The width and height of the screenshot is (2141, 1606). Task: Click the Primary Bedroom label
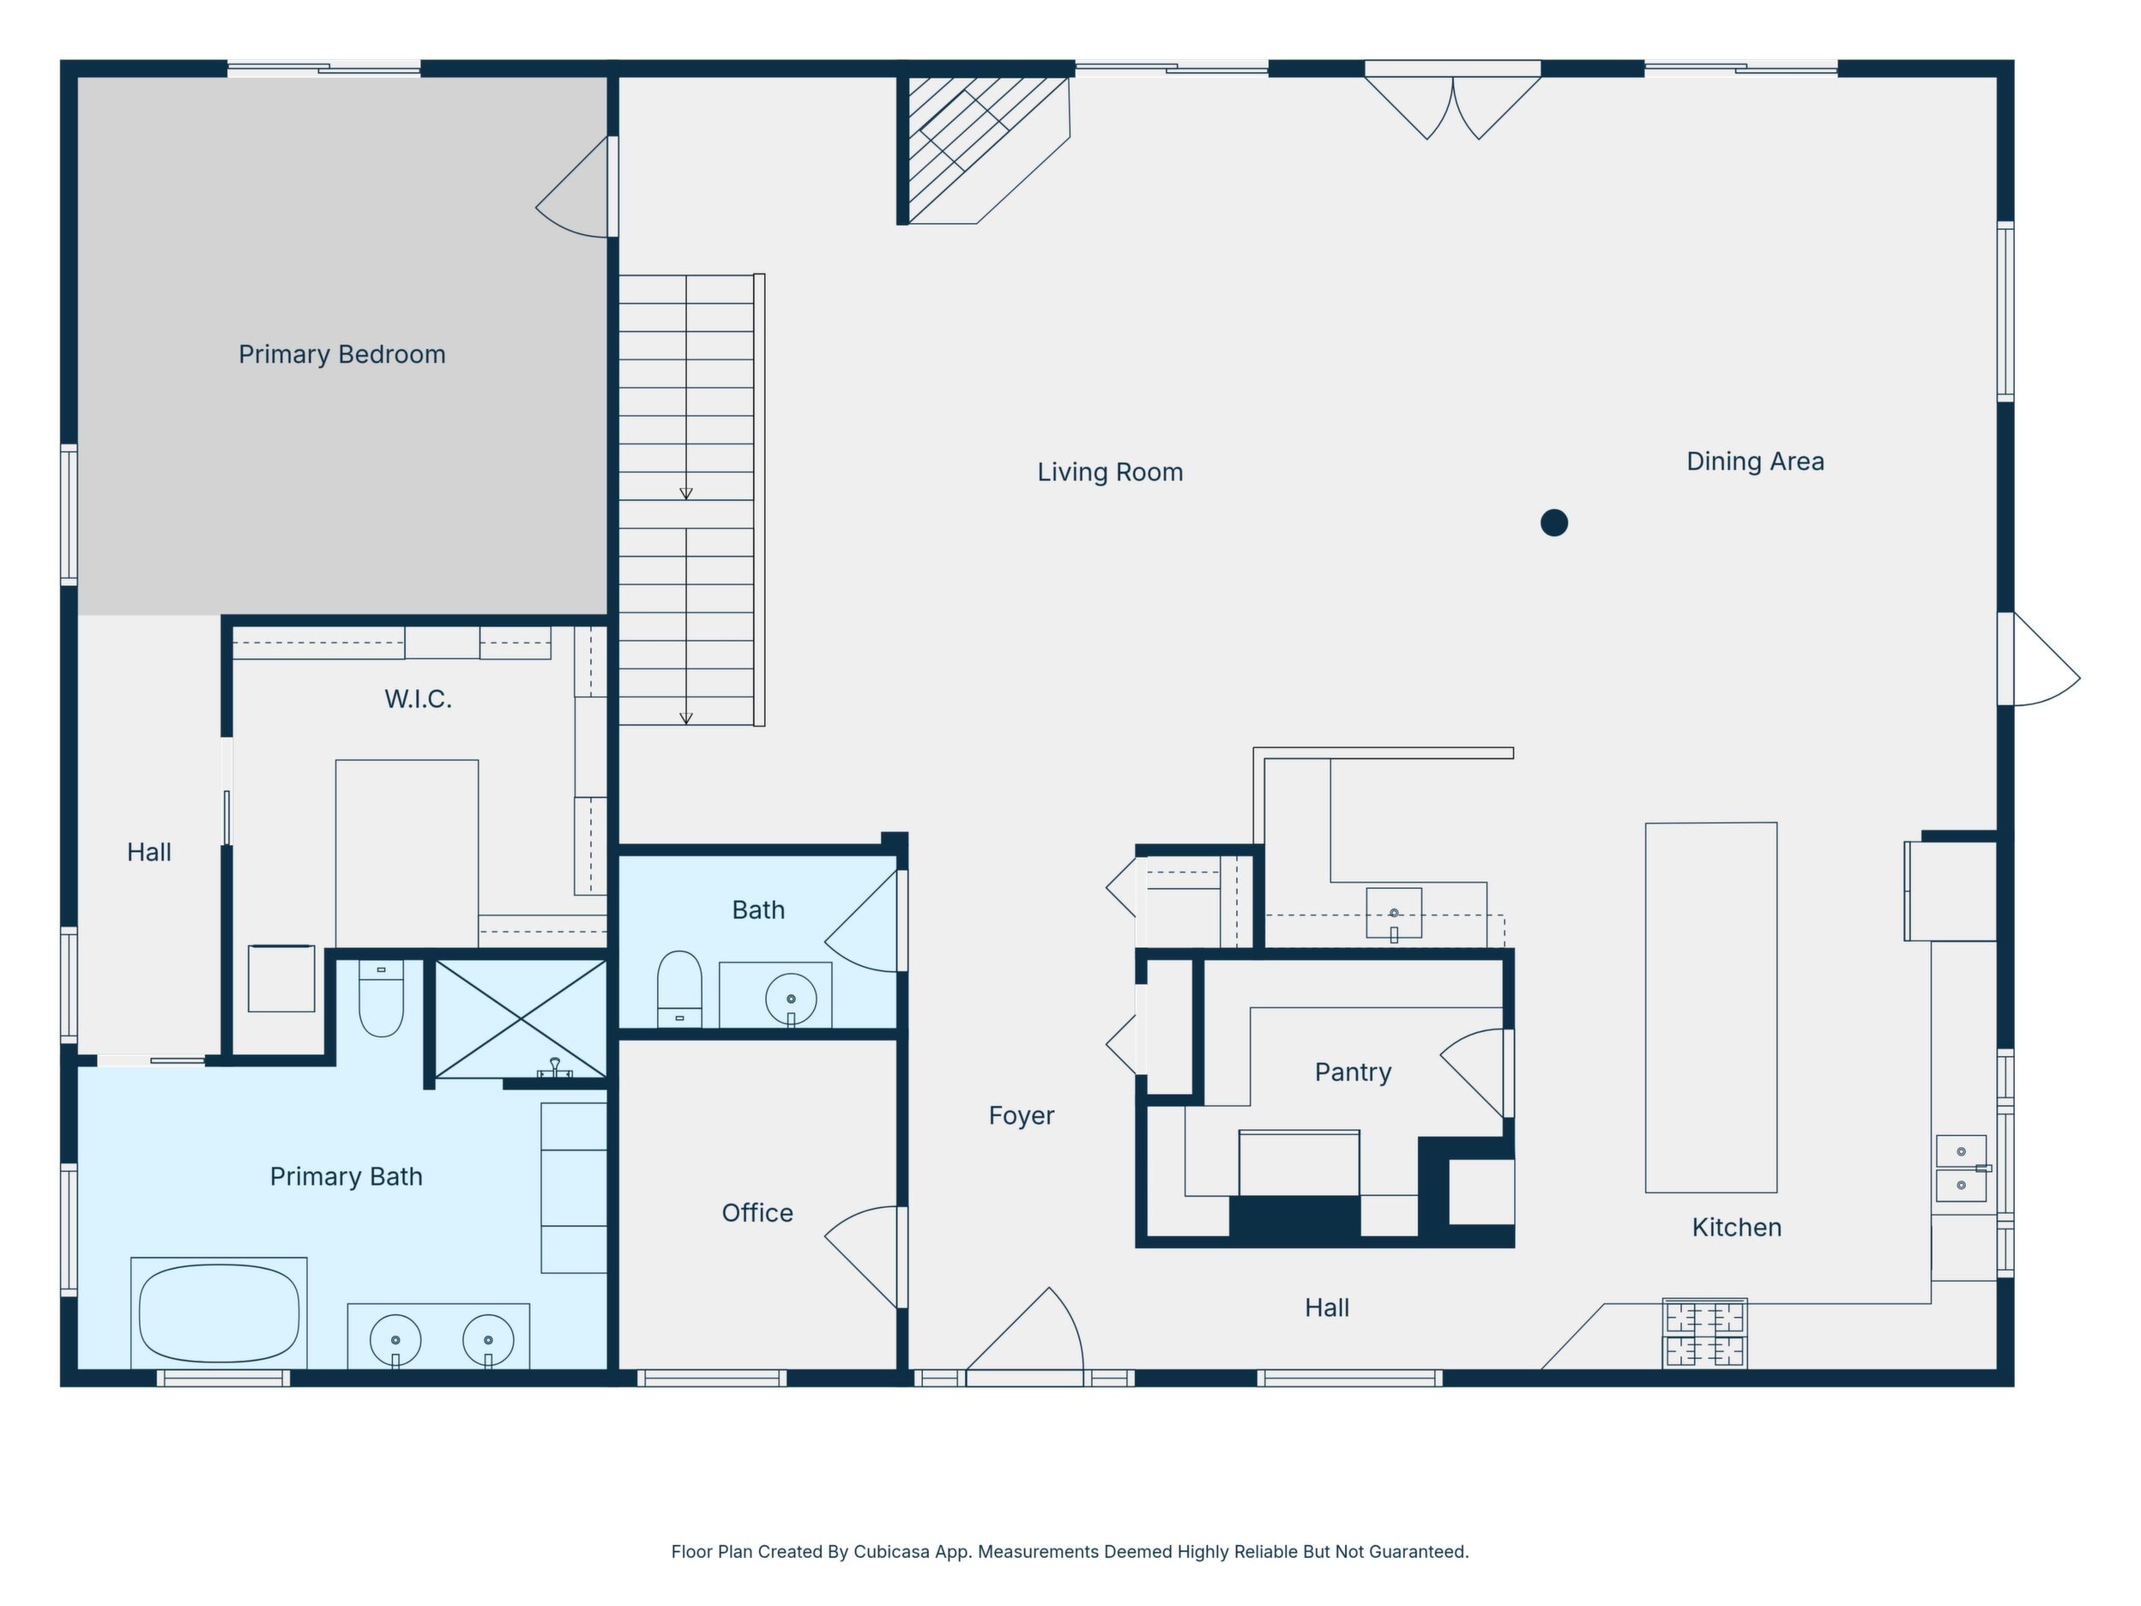tap(341, 354)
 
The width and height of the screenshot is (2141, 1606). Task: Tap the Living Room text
tap(1110, 473)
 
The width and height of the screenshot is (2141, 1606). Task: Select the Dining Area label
tap(1755, 462)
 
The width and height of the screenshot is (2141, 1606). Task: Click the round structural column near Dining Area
tap(1553, 522)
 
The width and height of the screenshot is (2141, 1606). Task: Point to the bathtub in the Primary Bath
tap(219, 1313)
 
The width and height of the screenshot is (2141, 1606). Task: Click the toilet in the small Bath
tap(678, 987)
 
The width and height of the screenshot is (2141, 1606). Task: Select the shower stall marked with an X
tap(521, 1018)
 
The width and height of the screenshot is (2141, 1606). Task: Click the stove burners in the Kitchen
tap(1704, 1334)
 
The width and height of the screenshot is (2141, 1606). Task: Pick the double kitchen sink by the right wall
tap(1962, 1168)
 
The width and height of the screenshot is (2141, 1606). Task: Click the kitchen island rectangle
tap(1711, 1007)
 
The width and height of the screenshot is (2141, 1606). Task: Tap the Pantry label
tap(1353, 1072)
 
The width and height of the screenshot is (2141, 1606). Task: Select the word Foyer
tap(1021, 1116)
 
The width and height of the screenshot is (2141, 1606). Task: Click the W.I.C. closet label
tap(418, 699)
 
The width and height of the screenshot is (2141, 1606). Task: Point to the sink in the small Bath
tap(791, 998)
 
